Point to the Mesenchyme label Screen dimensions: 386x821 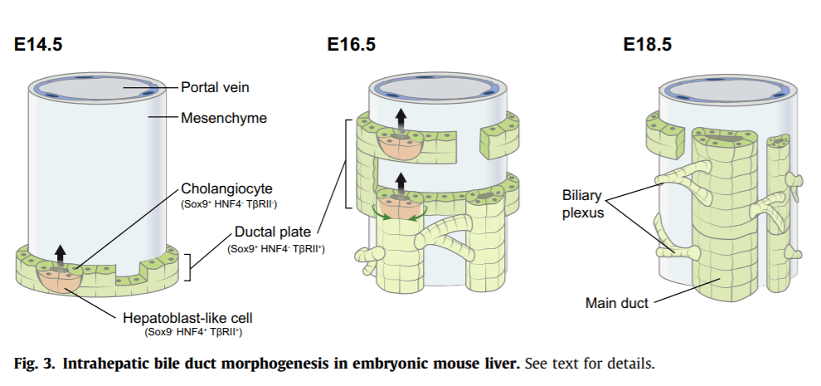(224, 118)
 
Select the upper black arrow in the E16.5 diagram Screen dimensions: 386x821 (401, 119)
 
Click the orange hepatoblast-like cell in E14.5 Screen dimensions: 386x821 (59, 280)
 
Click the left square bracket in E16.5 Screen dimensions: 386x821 (348, 164)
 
